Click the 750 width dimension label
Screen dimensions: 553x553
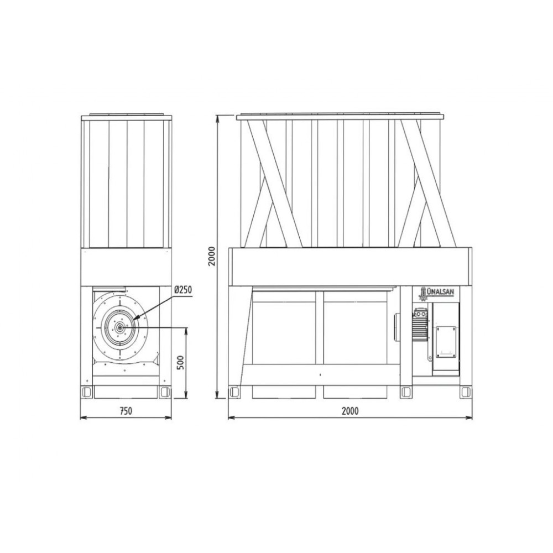[126, 411]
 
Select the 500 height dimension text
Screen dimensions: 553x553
[180, 363]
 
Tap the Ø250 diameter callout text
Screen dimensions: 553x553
[182, 290]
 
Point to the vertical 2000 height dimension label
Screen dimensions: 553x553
[211, 257]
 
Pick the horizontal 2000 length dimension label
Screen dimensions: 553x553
[350, 411]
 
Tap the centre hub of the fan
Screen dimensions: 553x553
[120, 327]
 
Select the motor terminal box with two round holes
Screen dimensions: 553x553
[420, 313]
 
